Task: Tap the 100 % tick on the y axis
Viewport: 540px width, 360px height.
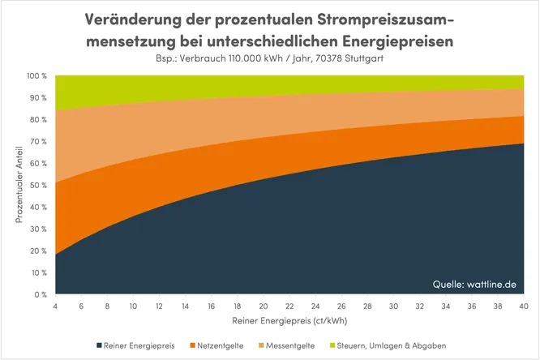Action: coord(37,76)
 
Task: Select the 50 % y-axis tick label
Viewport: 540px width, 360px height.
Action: coord(39,186)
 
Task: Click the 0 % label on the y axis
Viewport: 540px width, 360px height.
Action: coord(41,294)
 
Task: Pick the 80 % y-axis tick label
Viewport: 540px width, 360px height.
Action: coord(39,120)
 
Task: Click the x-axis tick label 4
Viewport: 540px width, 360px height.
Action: coord(56,306)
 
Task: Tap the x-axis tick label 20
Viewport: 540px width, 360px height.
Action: coord(263,306)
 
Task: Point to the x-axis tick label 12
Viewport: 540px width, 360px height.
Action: coord(159,306)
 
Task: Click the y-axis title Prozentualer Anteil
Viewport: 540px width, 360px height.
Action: coord(19,186)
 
